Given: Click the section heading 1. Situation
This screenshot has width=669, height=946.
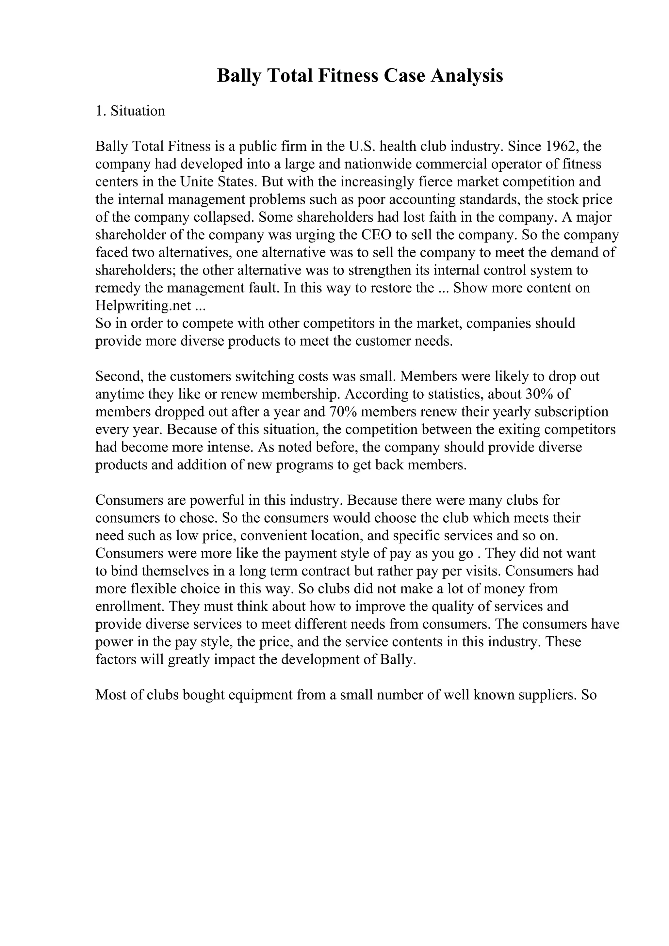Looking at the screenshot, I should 130,111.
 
